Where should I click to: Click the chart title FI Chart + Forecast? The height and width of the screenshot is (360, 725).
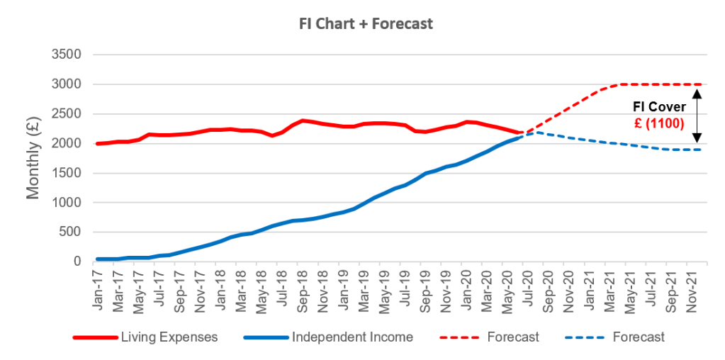[365, 23]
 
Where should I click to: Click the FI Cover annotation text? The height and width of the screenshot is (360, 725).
[658, 108]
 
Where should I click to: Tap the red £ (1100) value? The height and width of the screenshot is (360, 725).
[658, 122]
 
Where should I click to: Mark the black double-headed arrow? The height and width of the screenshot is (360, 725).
[697, 114]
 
